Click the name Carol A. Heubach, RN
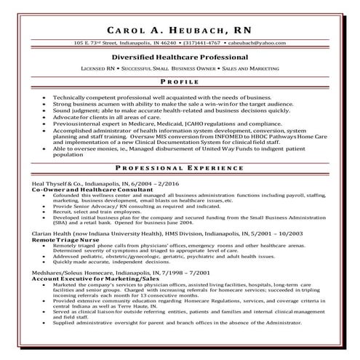tap(180, 31)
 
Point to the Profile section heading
tap(180, 82)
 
